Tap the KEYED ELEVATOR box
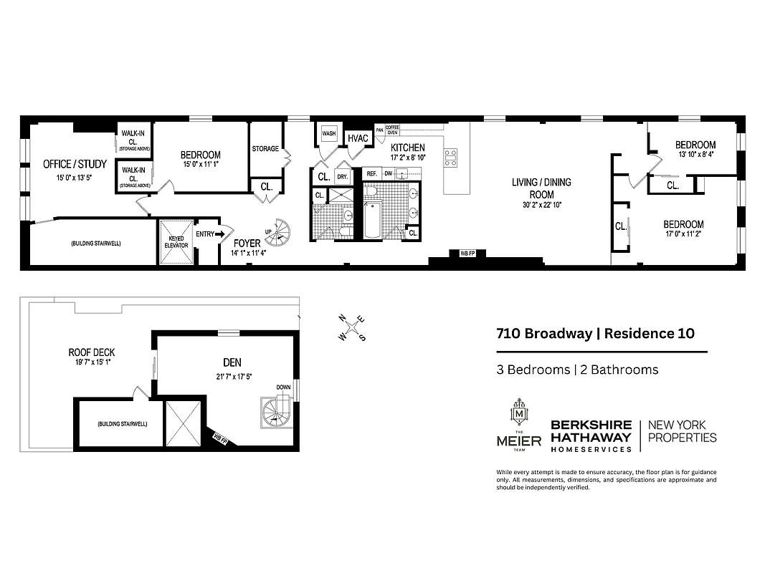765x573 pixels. tap(176, 242)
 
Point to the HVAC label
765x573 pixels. tap(357, 138)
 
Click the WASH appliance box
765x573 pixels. tap(329, 133)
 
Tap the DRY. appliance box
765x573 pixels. tap(342, 176)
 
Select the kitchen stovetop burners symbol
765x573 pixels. tap(450, 158)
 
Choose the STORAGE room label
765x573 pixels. tap(265, 149)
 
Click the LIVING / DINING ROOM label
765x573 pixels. tap(541, 188)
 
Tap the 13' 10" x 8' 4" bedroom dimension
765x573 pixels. tap(695, 155)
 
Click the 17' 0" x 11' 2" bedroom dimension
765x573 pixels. tap(693, 233)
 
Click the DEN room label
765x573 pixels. tap(231, 362)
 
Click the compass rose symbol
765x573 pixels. tap(352, 328)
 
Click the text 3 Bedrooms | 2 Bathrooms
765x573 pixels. tap(577, 370)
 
